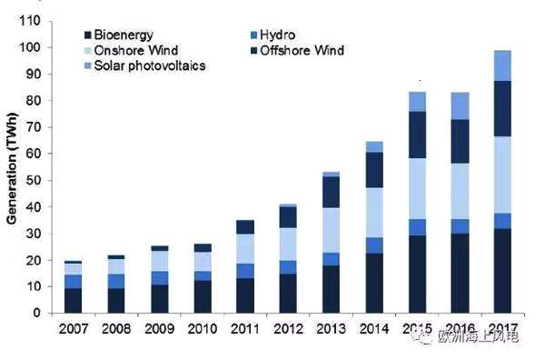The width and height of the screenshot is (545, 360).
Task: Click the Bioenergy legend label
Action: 124,35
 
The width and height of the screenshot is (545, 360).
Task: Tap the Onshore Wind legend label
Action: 136,50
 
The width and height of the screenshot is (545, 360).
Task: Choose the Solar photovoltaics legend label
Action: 150,65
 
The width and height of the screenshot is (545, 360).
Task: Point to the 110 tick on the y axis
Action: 30,21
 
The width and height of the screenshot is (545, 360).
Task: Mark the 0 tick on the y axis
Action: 37,313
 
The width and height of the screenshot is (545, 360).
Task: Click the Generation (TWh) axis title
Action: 12,168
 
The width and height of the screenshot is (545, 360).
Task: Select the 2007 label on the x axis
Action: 74,329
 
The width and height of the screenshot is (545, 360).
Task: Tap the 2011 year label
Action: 245,329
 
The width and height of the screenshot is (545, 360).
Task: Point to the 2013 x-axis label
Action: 332,329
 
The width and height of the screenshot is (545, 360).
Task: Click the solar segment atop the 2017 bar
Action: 502,65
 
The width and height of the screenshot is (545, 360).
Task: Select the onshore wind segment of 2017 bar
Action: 502,175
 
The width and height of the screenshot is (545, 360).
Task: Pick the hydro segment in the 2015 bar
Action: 417,227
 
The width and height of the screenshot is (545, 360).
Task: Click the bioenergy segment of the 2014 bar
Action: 374,283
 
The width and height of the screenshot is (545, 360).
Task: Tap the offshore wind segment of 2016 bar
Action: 461,142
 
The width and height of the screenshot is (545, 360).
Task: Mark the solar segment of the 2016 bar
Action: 461,106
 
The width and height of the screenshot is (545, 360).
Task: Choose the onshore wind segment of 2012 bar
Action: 288,245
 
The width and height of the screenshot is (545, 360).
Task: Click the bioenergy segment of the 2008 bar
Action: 116,301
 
